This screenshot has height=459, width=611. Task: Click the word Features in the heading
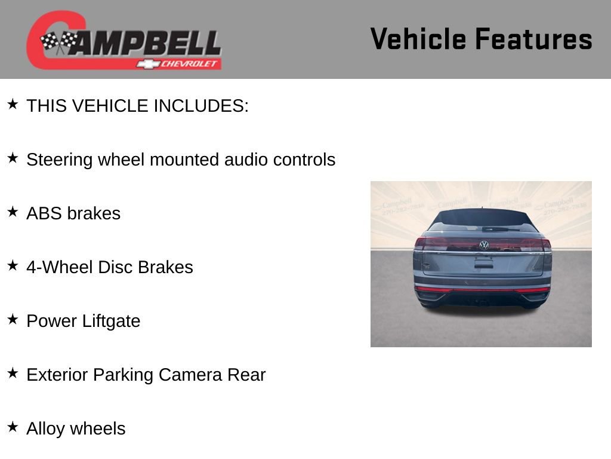[533, 39]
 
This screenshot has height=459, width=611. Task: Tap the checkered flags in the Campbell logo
[59, 42]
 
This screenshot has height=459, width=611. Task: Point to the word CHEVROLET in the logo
[190, 63]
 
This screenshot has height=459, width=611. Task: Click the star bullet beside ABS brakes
[13, 212]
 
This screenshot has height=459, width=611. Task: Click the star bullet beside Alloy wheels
[13, 427]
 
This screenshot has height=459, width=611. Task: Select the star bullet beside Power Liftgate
[13, 319]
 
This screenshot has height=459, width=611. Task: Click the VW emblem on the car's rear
[484, 245]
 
